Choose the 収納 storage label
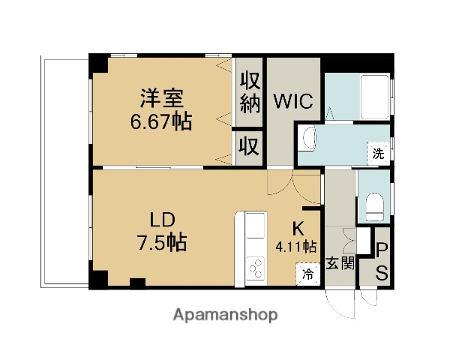249,92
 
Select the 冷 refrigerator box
308,274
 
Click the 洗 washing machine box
379,154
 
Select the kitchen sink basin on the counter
255,228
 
